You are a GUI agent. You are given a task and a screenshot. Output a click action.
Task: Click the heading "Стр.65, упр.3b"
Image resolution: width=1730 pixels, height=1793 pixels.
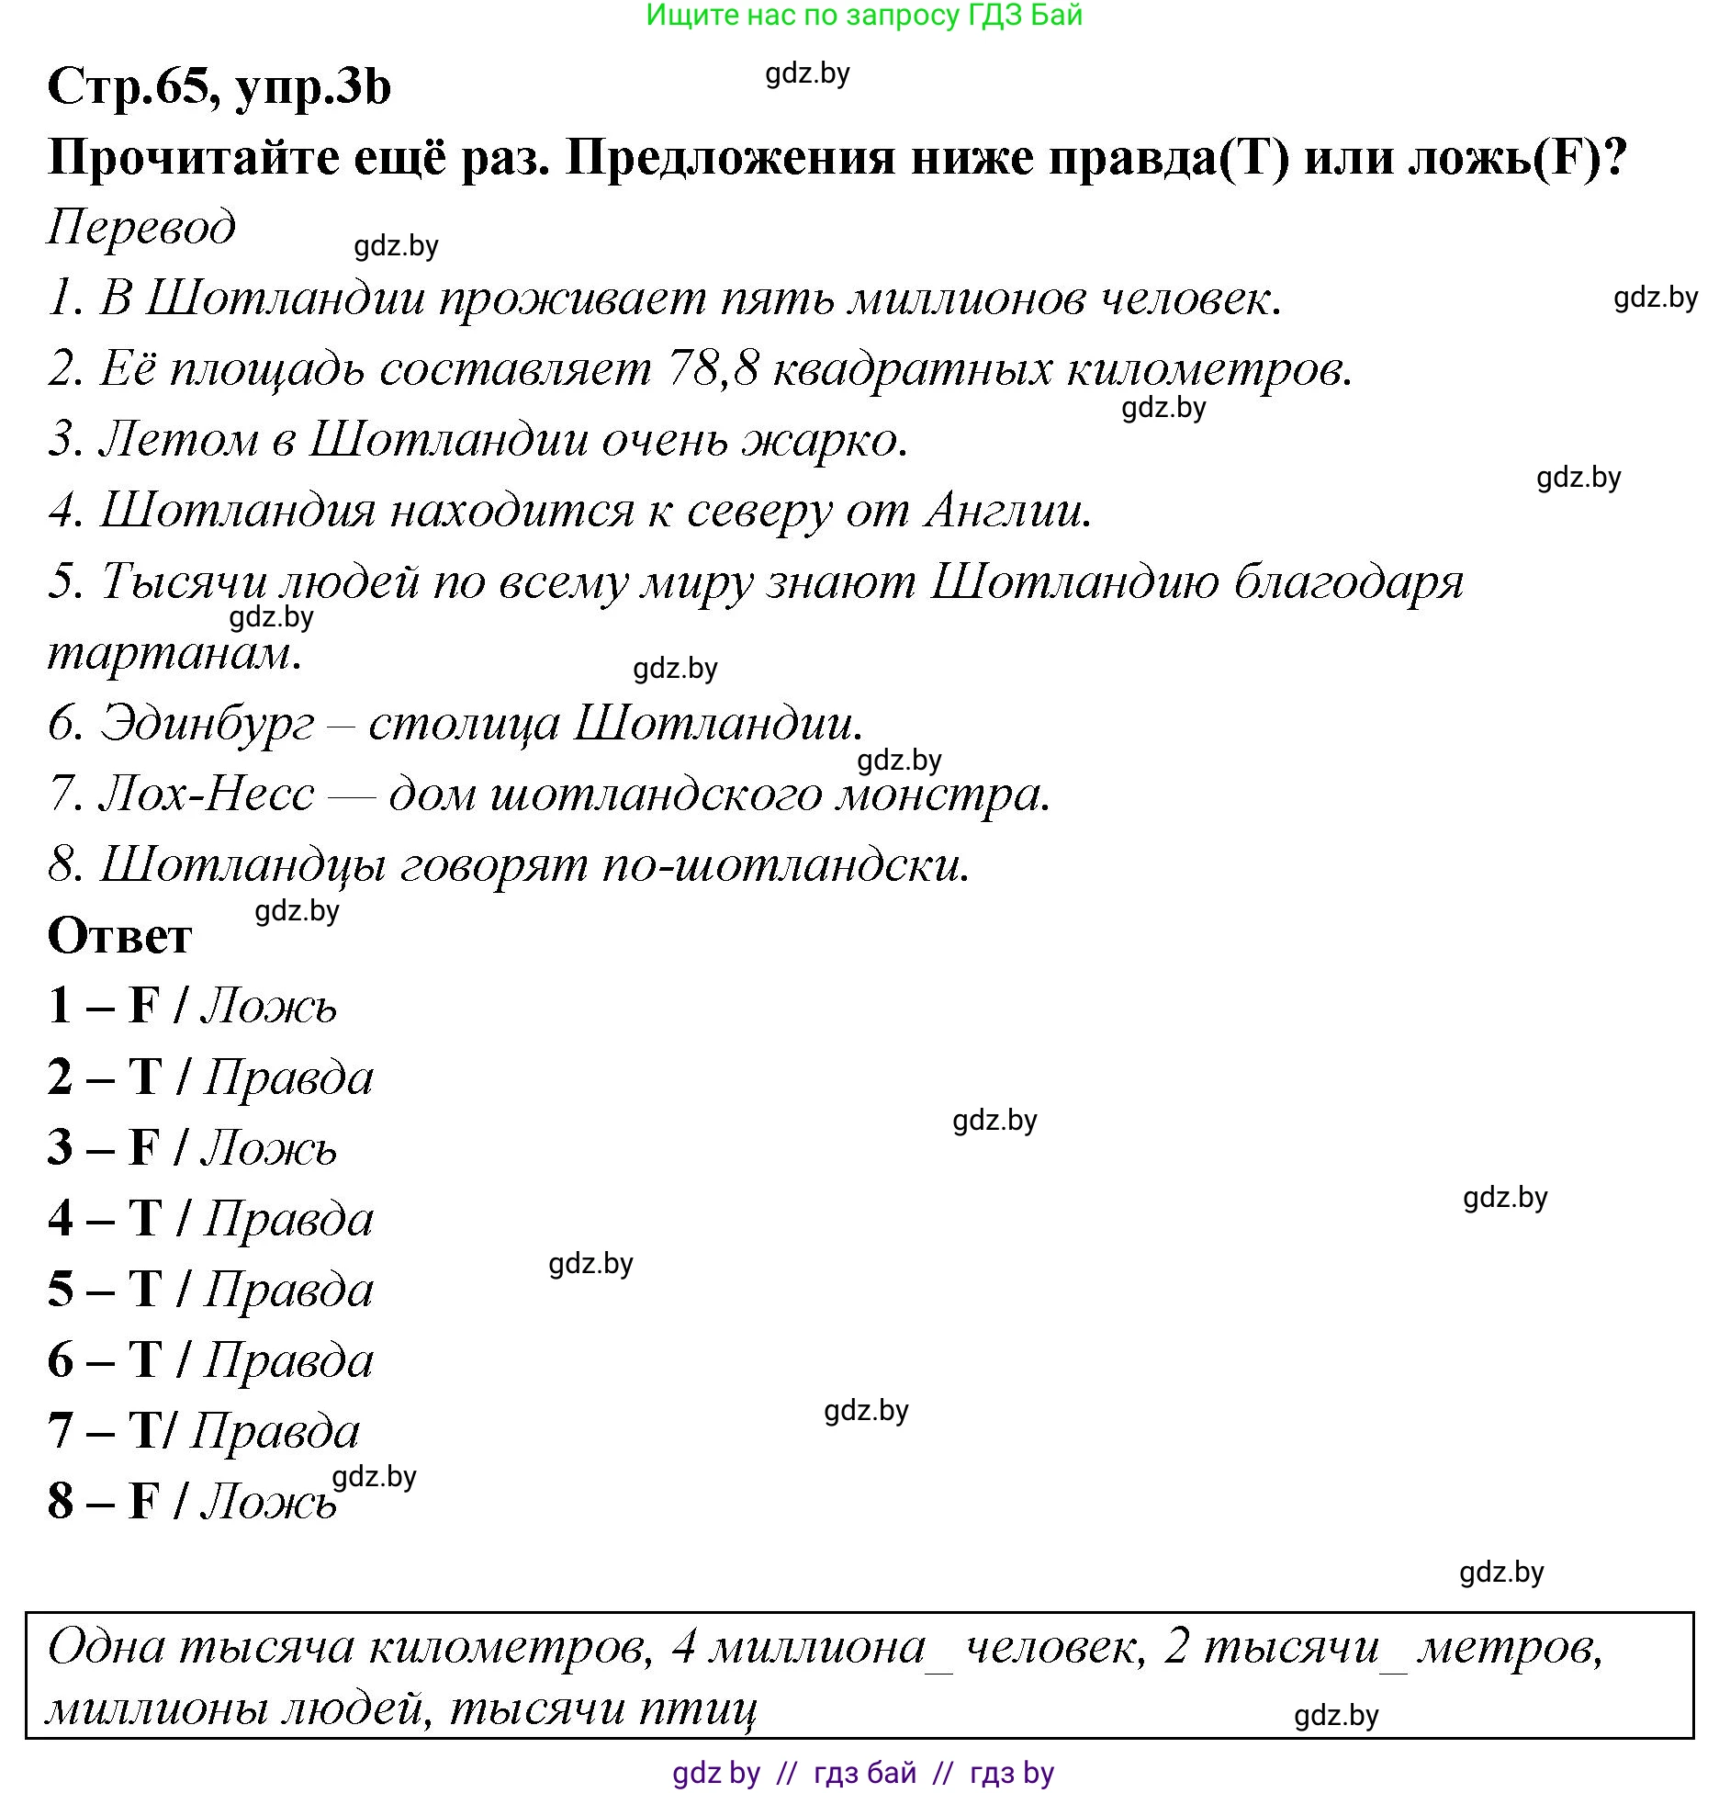[x=219, y=88]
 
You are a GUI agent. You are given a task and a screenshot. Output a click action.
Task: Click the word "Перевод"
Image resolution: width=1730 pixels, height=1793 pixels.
[x=141, y=227]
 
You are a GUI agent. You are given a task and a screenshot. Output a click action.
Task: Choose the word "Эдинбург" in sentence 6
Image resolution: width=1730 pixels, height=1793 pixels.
[x=208, y=724]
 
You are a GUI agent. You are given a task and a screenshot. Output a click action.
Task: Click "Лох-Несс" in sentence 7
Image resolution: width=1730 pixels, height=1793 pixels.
[x=208, y=794]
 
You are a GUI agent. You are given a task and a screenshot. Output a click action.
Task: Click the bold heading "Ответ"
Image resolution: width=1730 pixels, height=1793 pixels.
[x=119, y=937]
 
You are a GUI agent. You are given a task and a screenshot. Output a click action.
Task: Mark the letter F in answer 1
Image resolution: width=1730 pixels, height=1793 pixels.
[x=144, y=1005]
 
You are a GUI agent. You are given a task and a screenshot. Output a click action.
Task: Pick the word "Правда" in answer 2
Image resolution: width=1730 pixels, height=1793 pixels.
[x=288, y=1077]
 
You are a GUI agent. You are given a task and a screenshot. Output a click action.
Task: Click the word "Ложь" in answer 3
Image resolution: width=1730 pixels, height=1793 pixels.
[x=269, y=1148]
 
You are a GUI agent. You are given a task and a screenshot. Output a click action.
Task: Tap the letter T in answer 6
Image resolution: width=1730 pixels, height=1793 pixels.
[x=145, y=1360]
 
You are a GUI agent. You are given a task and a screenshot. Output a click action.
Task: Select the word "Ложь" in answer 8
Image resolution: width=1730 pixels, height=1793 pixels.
[x=269, y=1502]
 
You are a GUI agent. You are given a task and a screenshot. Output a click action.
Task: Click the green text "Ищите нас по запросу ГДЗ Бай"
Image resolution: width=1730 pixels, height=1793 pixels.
[x=864, y=16]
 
